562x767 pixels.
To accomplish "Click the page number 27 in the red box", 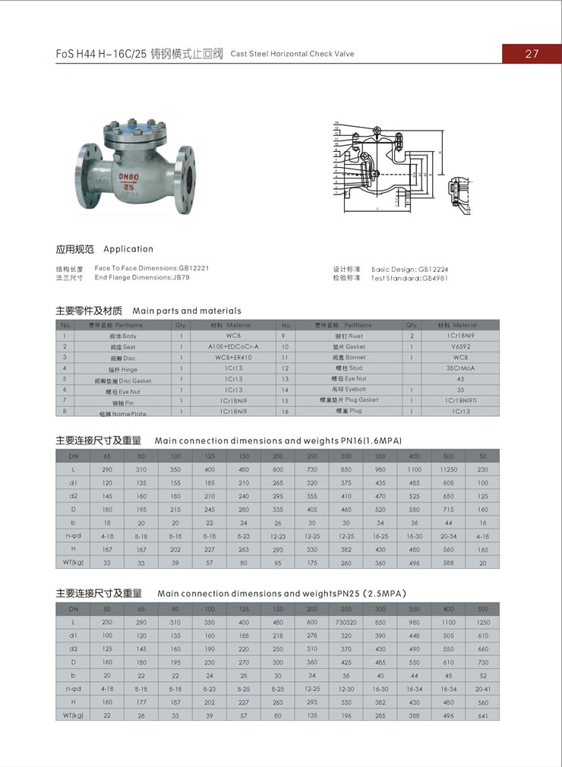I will pyautogui.click(x=532, y=53).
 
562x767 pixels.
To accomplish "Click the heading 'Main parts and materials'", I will pyautogui.click(x=187, y=311).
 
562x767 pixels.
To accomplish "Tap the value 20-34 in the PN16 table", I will pyautogui.click(x=449, y=536).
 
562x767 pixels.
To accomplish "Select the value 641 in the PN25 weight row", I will pyautogui.click(x=483, y=715).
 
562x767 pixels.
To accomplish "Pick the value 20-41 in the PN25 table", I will pyautogui.click(x=483, y=689).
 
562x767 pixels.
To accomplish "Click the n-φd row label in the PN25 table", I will pyautogui.click(x=73, y=689).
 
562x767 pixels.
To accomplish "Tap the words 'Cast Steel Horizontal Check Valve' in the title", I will pyautogui.click(x=292, y=55).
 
